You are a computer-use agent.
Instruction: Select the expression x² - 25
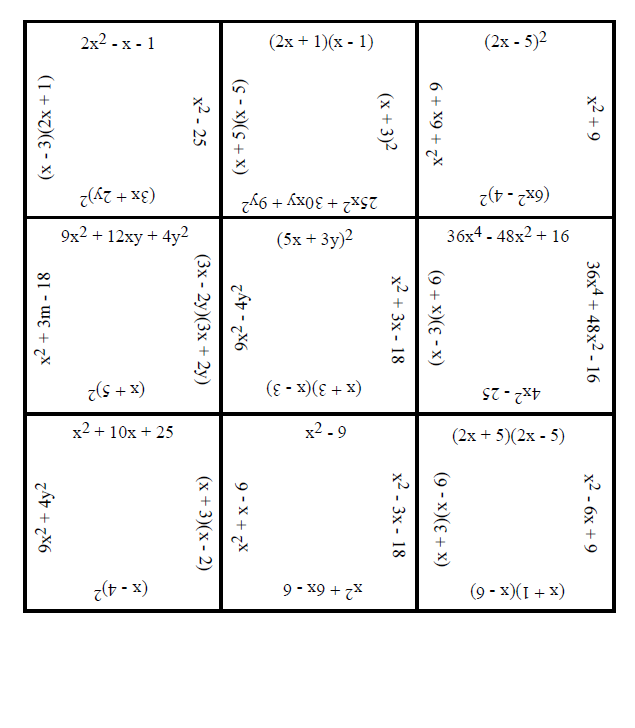(200, 121)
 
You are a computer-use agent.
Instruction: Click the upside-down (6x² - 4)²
(515, 194)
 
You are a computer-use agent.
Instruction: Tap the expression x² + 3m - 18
(46, 319)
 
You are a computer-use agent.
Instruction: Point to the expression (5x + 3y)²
(318, 240)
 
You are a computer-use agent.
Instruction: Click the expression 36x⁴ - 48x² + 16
(508, 237)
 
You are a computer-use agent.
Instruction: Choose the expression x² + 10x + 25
(124, 433)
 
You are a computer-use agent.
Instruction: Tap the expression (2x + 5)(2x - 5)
(510, 435)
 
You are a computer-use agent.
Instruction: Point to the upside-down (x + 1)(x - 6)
(517, 590)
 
